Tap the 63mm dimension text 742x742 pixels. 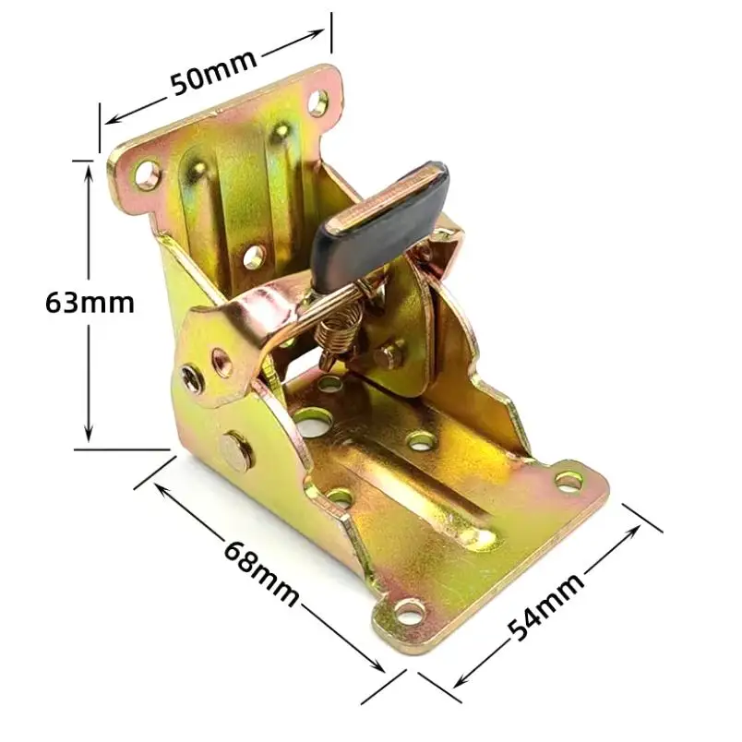pos(90,302)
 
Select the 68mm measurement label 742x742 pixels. pos(261,571)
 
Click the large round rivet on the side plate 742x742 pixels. pos(236,449)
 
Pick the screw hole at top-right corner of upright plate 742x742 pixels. pos(317,102)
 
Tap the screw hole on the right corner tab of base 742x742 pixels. pos(568,481)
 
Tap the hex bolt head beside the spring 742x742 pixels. pos(390,353)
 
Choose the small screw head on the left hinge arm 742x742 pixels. pos(191,377)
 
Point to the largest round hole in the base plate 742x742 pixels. pos(314,424)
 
